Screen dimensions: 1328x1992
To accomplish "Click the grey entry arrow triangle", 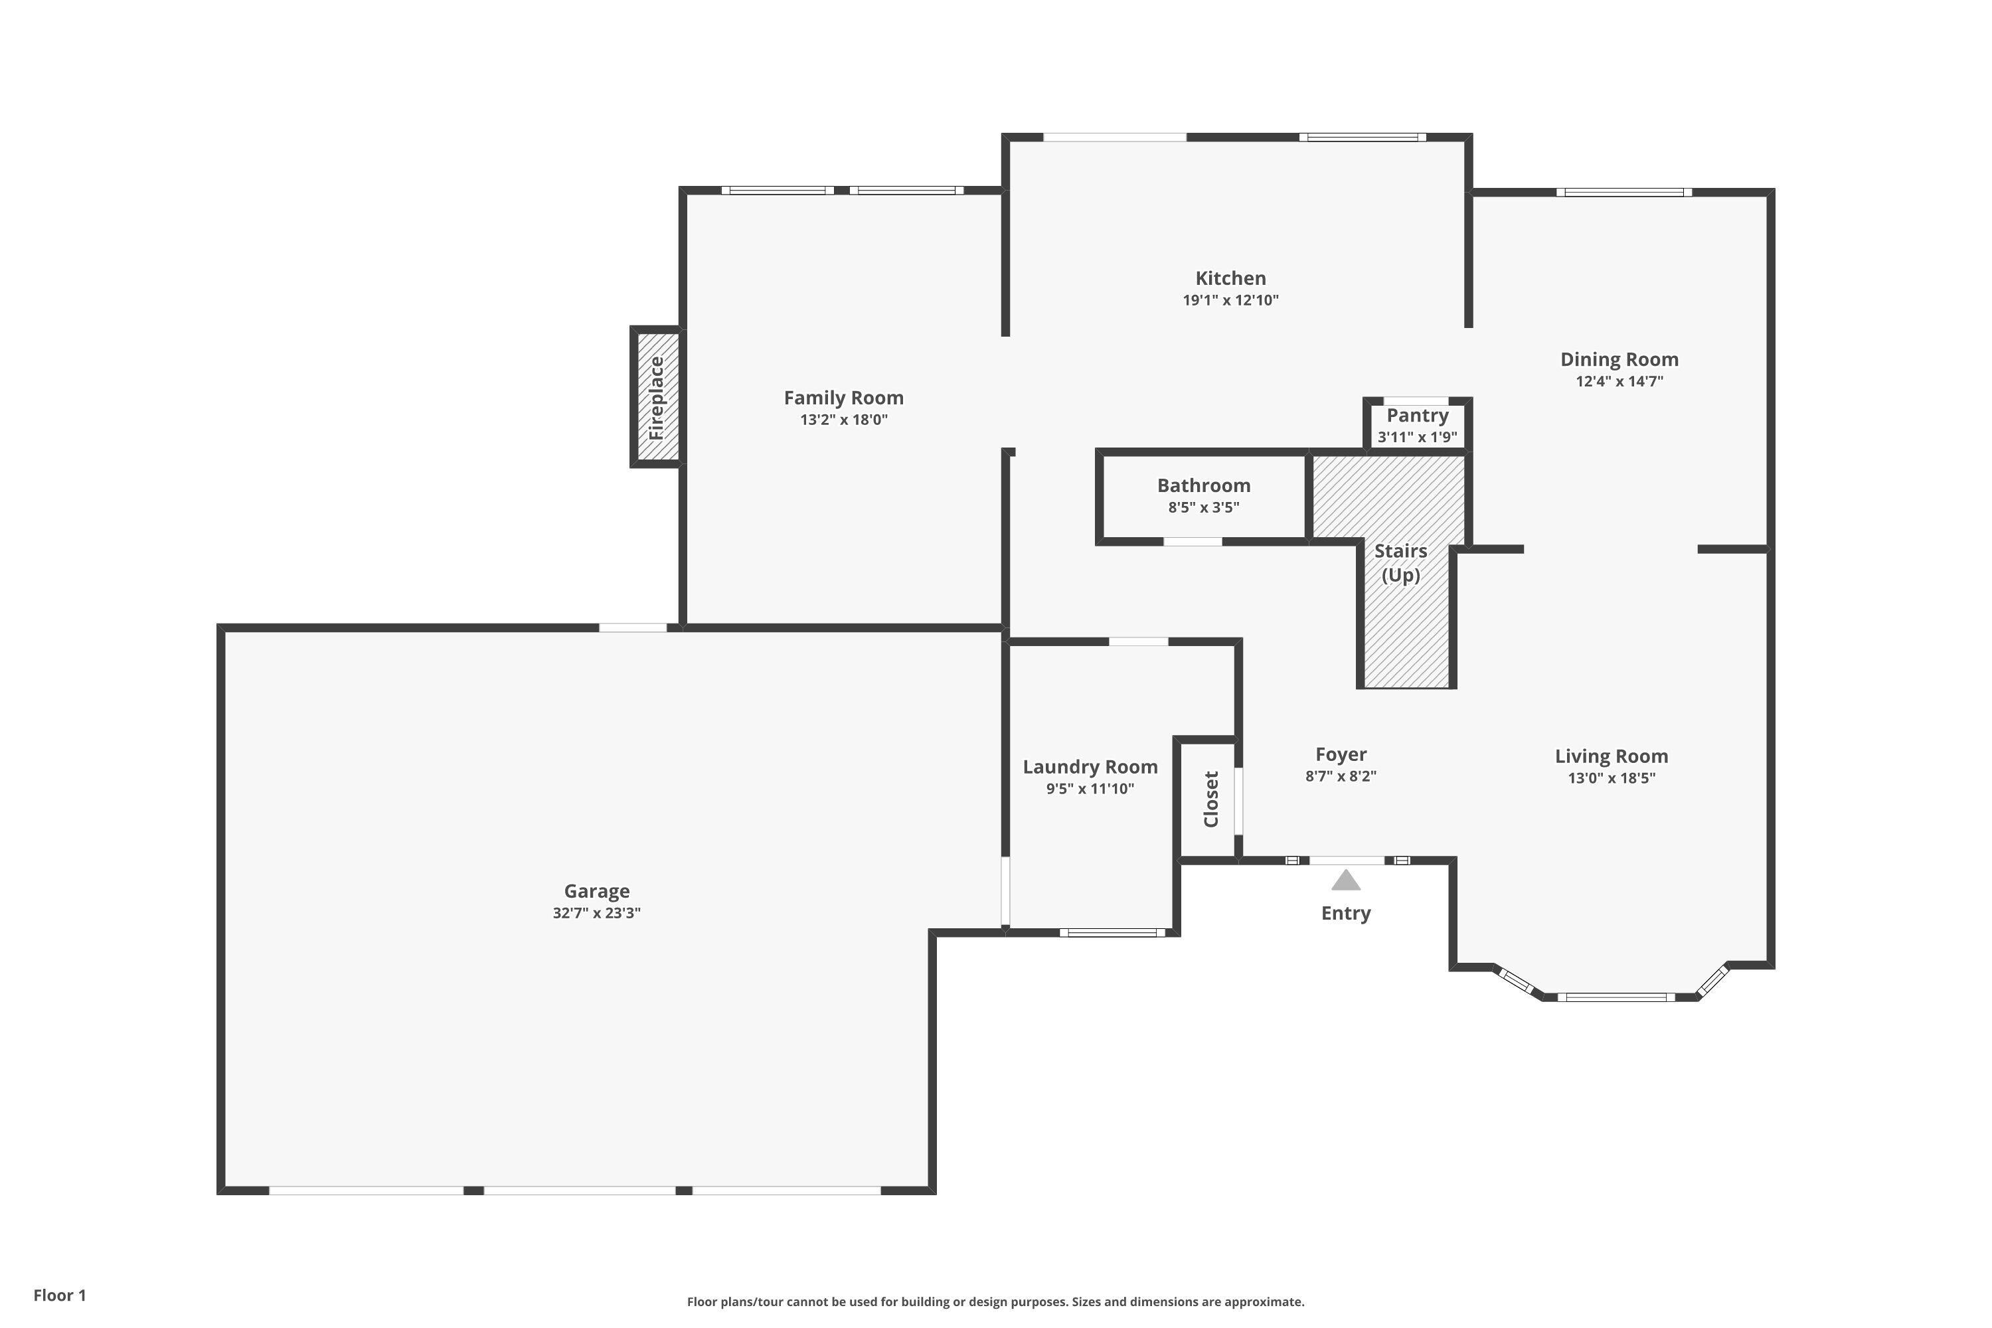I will click(1346, 881).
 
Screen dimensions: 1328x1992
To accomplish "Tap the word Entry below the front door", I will click(1346, 913).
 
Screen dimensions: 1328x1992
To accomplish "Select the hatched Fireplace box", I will click(657, 397).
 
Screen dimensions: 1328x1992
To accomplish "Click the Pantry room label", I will click(1417, 415).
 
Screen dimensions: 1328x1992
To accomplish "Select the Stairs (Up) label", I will click(1401, 562).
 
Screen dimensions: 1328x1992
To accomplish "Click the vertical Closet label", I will click(1211, 799).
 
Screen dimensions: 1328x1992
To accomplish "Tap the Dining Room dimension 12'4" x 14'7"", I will click(1619, 381).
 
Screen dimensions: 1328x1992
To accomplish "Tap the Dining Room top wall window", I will click(1623, 193).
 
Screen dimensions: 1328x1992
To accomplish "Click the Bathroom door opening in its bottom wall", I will click(1193, 541).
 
